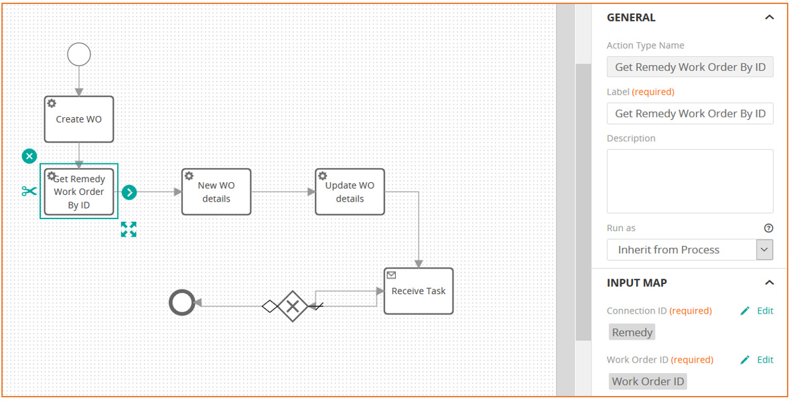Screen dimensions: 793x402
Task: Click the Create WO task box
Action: click(79, 119)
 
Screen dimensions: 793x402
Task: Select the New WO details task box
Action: click(216, 192)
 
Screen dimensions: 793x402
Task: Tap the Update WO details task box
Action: click(350, 192)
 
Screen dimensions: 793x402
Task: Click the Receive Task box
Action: click(419, 291)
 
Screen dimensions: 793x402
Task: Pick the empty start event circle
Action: click(79, 54)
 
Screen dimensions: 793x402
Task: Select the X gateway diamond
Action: click(293, 306)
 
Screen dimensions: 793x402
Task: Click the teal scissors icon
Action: click(29, 191)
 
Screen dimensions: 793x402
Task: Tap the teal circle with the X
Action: click(29, 156)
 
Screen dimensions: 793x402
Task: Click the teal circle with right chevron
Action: click(129, 192)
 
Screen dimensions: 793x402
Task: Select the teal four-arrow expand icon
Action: click(129, 229)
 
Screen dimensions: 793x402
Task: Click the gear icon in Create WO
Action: click(52, 104)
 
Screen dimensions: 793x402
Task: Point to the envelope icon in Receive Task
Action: click(391, 275)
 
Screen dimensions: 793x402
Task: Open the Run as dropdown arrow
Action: click(765, 250)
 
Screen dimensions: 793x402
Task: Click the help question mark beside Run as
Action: click(769, 228)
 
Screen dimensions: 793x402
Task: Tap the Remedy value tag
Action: click(632, 332)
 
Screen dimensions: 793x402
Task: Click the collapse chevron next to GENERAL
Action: click(770, 17)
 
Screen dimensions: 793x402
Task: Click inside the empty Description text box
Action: click(690, 181)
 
